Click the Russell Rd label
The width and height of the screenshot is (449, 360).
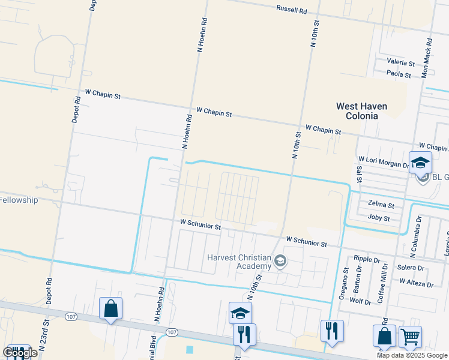click(x=292, y=10)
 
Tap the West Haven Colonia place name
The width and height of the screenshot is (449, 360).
click(x=361, y=111)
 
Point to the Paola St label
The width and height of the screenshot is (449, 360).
click(x=399, y=74)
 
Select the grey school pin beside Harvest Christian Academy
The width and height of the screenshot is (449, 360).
click(x=280, y=261)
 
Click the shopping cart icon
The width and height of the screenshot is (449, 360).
click(x=410, y=337)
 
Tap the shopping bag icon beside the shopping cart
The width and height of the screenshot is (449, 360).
click(x=384, y=337)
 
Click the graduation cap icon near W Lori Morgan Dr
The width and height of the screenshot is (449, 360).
click(x=420, y=163)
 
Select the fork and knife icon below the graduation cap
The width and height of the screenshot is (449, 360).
click(x=244, y=334)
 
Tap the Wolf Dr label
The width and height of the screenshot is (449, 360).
click(x=360, y=302)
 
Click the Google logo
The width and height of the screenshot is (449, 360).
click(x=20, y=352)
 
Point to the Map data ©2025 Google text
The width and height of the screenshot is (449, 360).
click(x=412, y=355)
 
